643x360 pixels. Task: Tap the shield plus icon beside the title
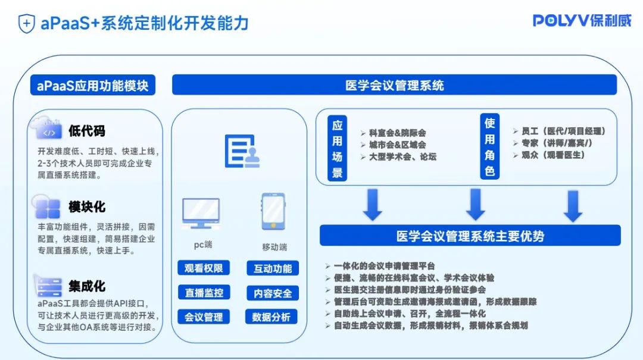click(26, 24)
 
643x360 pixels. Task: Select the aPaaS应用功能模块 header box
click(92, 86)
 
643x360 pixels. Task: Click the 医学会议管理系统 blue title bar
click(395, 86)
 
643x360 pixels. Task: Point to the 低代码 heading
click(87, 130)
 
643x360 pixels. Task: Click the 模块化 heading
click(87, 206)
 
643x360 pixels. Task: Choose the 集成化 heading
click(87, 286)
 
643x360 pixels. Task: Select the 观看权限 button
click(203, 268)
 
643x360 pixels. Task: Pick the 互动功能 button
click(273, 268)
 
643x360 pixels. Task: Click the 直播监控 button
click(203, 292)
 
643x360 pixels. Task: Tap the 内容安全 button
click(273, 293)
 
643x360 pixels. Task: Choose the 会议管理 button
click(203, 317)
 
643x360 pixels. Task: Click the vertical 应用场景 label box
click(338, 149)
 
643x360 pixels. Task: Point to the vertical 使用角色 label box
click(489, 147)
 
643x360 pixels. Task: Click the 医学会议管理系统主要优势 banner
click(470, 236)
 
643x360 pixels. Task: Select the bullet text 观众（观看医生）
click(553, 155)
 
